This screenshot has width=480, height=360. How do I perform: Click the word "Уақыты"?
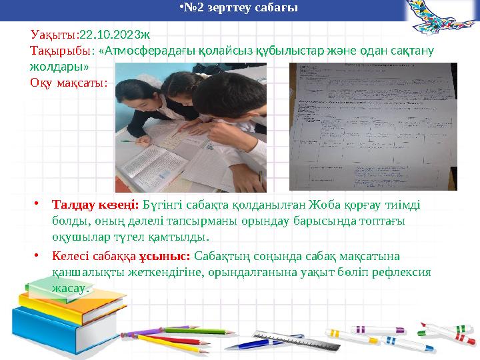53,33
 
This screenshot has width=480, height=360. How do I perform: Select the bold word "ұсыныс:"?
164,256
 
